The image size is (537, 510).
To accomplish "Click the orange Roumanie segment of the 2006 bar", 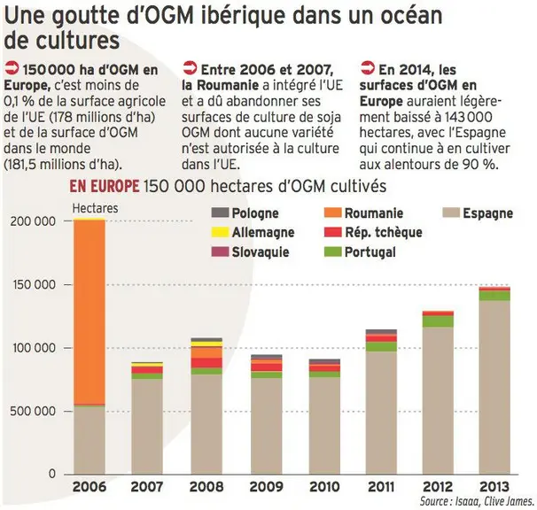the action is pyautogui.click(x=89, y=312).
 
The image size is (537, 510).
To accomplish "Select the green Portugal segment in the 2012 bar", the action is pyautogui.click(x=438, y=321).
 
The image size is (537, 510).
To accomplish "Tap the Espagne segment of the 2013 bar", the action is pyautogui.click(x=494, y=388).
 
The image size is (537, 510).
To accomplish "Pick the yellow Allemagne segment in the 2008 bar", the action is pyautogui.click(x=206, y=344).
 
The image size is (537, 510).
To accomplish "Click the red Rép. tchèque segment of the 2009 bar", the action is pyautogui.click(x=267, y=367).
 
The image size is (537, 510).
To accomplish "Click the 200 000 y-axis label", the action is pyautogui.click(x=33, y=221).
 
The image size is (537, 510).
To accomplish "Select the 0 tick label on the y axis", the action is pyautogui.click(x=51, y=474).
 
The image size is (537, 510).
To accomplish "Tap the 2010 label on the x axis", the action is pyautogui.click(x=325, y=487).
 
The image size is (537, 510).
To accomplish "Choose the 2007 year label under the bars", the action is pyautogui.click(x=147, y=487).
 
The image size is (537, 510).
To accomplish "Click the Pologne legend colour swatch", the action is pyautogui.click(x=220, y=212).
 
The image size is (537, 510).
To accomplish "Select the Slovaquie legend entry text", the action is pyautogui.click(x=261, y=252).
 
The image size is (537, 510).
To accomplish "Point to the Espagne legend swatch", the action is pyautogui.click(x=451, y=212).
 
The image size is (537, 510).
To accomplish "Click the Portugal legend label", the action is pyautogui.click(x=370, y=252).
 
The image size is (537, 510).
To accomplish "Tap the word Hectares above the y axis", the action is pyautogui.click(x=95, y=208).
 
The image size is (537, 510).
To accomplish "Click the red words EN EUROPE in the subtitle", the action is pyautogui.click(x=104, y=187).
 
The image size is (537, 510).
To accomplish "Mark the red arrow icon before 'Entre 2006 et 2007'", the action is pyautogui.click(x=190, y=68).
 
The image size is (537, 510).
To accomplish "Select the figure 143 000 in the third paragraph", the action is pyautogui.click(x=469, y=117).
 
